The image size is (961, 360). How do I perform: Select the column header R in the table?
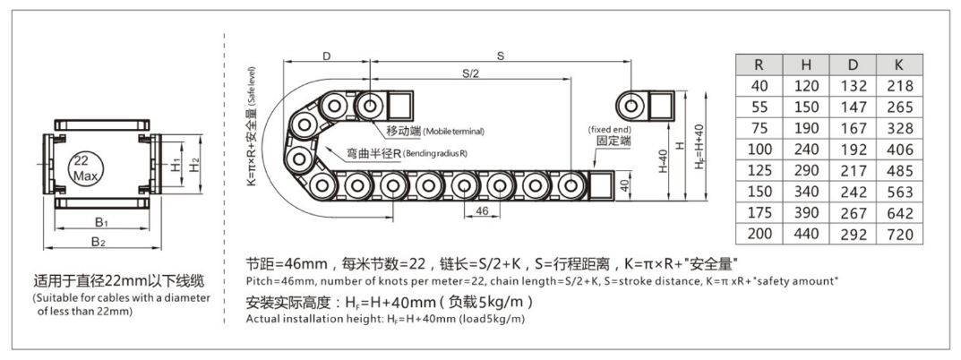[759, 65]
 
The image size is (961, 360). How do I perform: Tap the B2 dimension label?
[98, 242]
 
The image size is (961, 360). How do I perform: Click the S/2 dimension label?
[470, 73]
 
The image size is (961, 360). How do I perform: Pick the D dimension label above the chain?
[326, 56]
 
